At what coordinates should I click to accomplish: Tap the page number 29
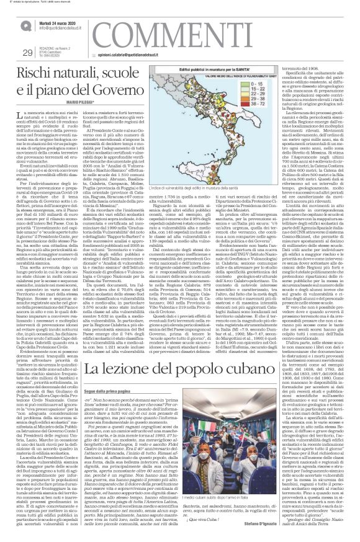[x=27, y=51]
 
